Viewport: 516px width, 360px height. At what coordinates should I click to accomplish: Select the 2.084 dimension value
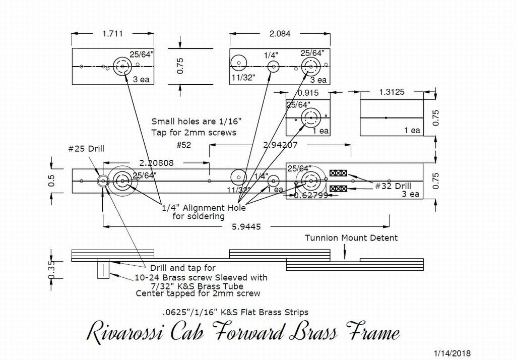[280, 34]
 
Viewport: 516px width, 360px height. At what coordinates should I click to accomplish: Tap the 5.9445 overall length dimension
[247, 227]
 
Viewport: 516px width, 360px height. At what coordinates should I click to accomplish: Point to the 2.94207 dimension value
[281, 145]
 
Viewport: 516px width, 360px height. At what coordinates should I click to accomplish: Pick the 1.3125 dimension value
[390, 92]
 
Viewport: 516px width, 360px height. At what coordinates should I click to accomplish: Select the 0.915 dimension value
[308, 93]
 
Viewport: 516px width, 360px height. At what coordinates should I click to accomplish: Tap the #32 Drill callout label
[393, 186]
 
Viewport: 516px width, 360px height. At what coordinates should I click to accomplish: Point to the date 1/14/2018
[452, 353]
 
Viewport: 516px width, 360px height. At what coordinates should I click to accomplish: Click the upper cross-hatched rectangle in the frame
[338, 173]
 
